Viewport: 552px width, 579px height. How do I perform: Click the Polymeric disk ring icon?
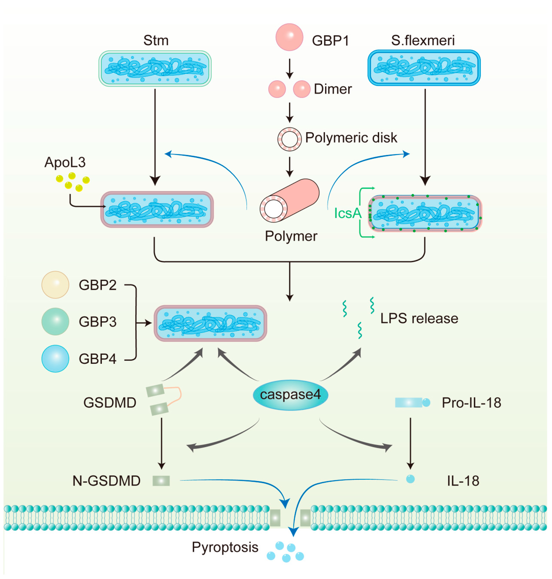290,139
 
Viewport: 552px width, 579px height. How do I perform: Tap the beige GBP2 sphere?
55,285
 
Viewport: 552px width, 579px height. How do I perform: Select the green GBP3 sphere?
55,321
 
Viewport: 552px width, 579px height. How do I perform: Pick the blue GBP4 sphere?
55,358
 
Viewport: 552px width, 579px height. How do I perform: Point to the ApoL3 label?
65,162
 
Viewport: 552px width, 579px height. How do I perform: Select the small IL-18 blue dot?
410,479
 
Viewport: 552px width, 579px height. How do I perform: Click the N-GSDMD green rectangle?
161,480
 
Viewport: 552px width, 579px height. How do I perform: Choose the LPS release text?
419,318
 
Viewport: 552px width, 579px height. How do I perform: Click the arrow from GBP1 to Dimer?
290,69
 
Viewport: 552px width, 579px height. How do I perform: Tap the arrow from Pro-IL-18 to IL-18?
410,443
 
